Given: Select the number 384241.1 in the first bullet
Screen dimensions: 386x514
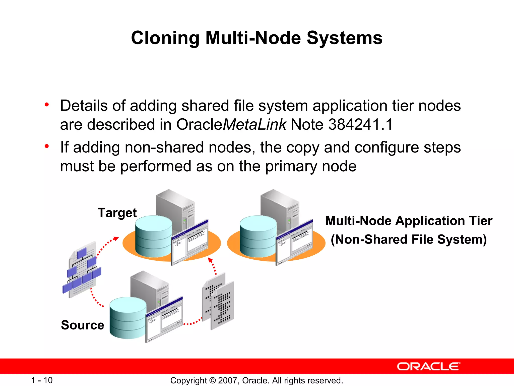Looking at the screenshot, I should pos(360,124).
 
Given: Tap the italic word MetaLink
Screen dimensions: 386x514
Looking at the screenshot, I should pos(254,124).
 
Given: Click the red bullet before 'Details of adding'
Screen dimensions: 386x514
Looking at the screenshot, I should pos(47,105).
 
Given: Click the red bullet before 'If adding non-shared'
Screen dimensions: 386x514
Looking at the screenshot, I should pos(47,147).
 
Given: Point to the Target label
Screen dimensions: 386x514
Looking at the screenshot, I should pos(117,213).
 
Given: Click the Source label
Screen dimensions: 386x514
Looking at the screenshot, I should pos(83,325).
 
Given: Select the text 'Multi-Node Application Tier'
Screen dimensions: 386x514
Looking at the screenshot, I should pos(409,221).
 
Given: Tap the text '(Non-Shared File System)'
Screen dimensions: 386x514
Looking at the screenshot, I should pos(409,239).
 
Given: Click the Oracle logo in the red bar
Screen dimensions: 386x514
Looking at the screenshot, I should pos(428,366).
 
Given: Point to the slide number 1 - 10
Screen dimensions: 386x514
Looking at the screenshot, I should pos(42,380).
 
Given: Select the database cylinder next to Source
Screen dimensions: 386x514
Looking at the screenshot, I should pos(128,318).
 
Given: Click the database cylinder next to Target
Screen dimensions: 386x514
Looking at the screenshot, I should pos(154,236).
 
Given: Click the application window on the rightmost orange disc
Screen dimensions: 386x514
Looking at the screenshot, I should pos(294,243).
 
